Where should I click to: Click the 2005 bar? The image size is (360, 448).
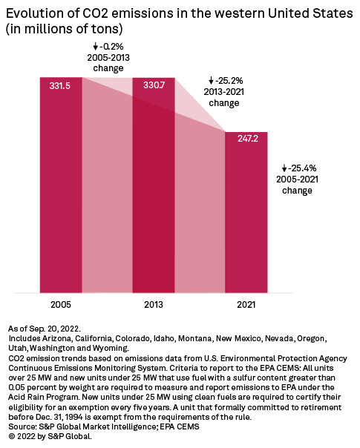[61, 185]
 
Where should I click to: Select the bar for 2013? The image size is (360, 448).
[154, 185]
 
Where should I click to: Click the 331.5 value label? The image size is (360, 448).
[61, 87]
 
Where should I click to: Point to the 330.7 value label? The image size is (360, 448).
[154, 87]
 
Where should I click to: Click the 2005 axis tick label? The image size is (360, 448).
[61, 303]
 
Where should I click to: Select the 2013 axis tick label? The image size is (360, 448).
[154, 303]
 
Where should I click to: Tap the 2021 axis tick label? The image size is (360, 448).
[246, 303]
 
